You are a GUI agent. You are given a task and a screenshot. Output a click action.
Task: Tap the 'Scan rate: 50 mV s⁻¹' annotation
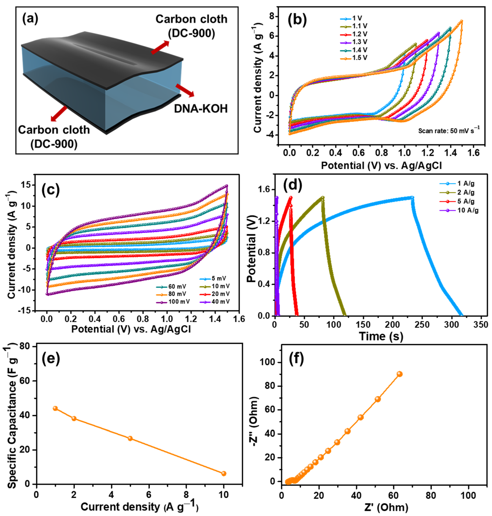(448, 130)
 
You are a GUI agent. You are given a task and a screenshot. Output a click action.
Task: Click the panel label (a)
(30, 19)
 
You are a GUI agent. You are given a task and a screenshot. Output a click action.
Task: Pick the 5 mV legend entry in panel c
(218, 278)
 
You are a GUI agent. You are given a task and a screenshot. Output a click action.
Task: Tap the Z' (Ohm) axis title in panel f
(386, 508)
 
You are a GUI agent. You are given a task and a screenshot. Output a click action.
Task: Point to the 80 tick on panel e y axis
(26, 347)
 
